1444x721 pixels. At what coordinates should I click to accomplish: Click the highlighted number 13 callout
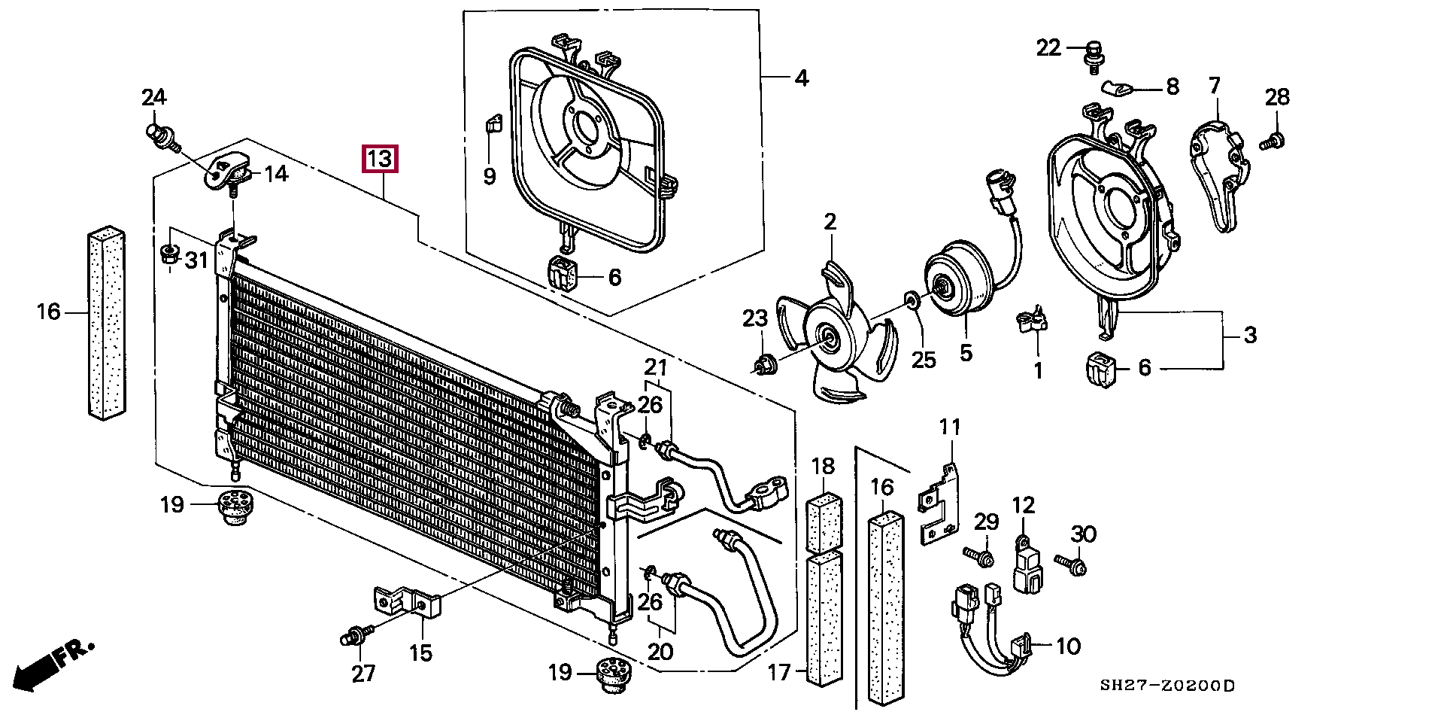(x=380, y=160)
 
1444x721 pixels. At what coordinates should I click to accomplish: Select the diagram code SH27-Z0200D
(x=1167, y=686)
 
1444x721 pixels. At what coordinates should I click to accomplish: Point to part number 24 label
(x=154, y=97)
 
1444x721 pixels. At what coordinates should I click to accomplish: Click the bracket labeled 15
(x=407, y=602)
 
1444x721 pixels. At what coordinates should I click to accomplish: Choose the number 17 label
(x=779, y=671)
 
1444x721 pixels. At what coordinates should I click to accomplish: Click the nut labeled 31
(x=170, y=254)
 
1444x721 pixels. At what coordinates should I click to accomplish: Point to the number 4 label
(x=802, y=78)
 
